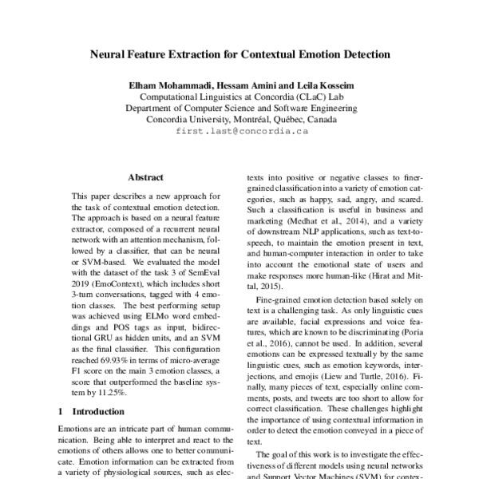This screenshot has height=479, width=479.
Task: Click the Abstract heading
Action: [x=145, y=176]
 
